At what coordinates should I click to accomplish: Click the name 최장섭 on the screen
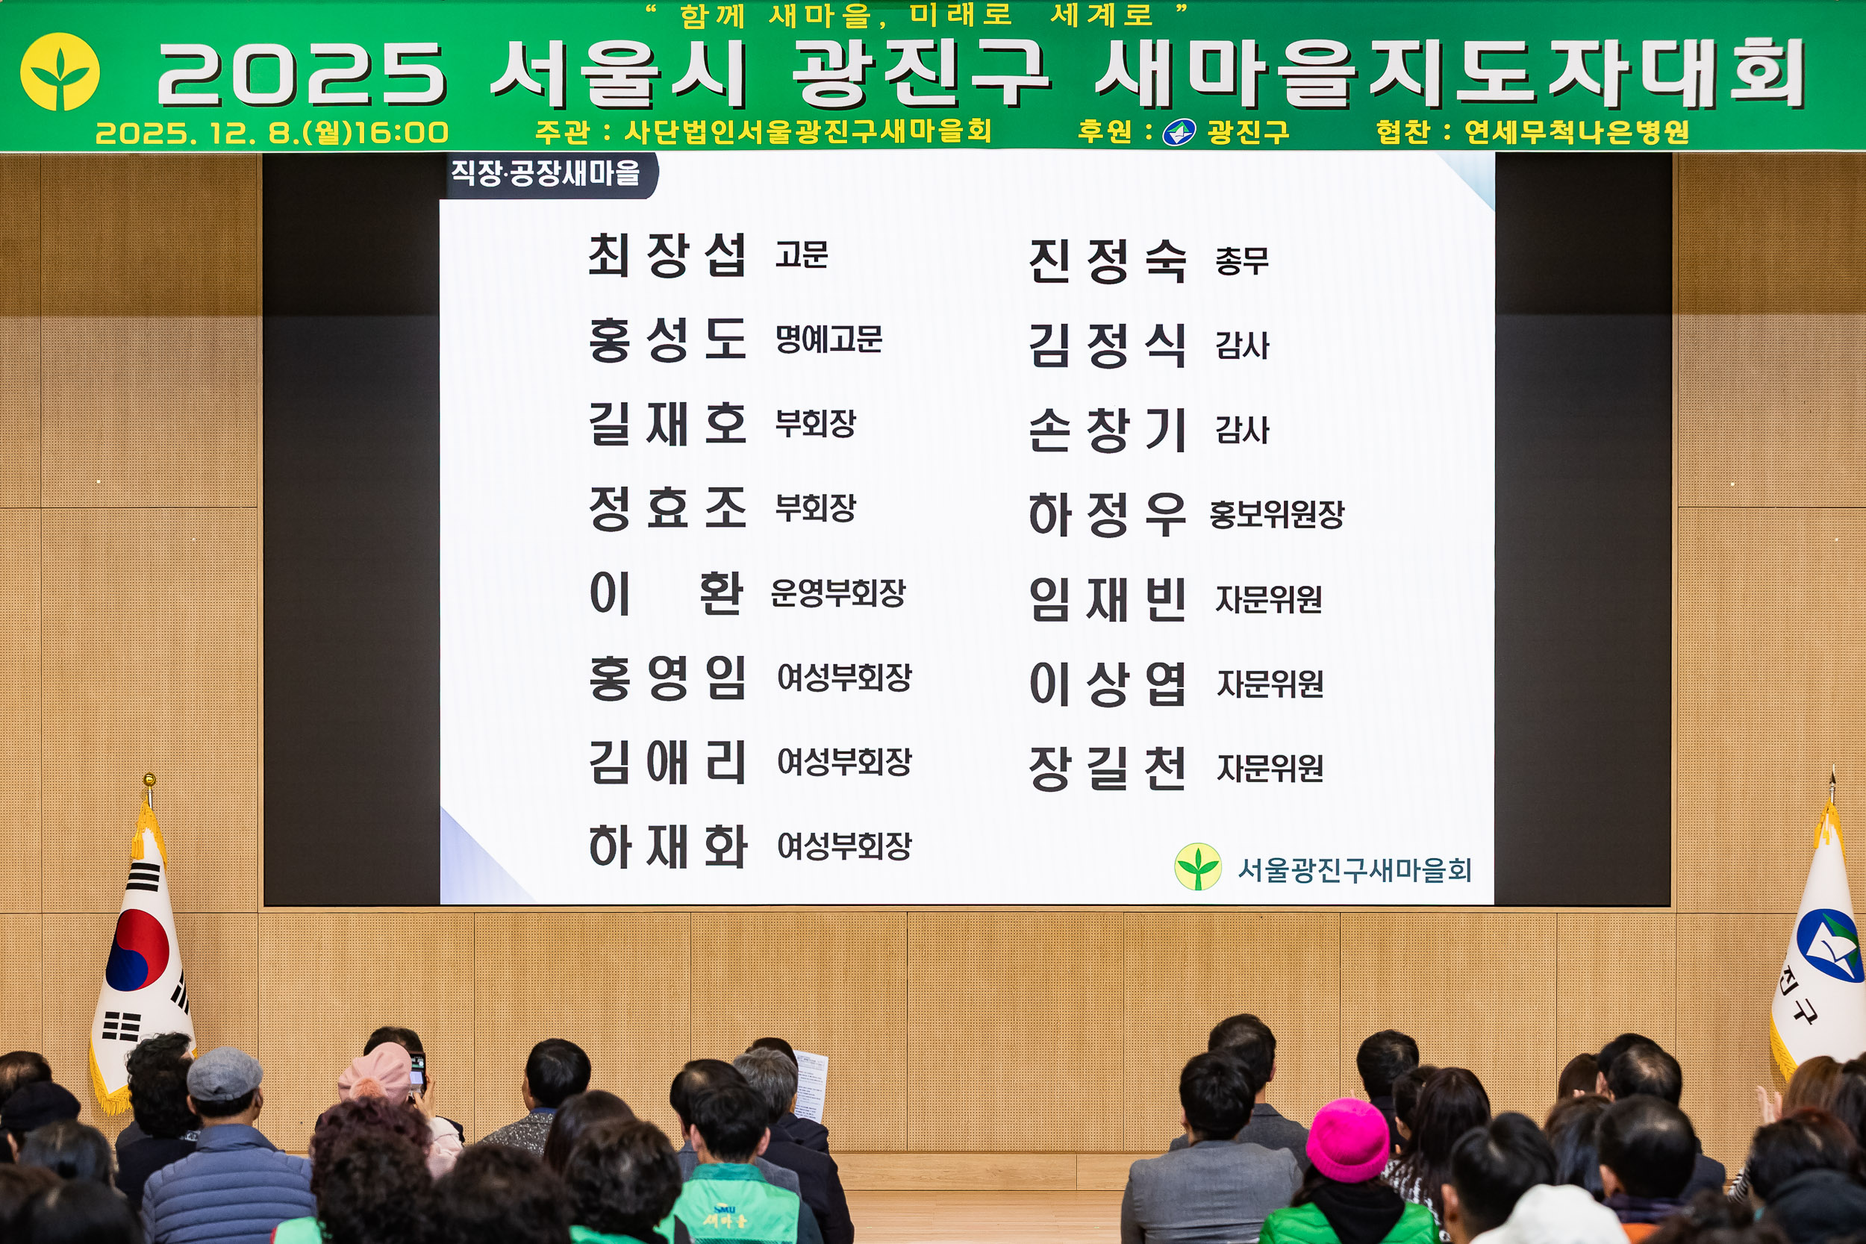tap(667, 254)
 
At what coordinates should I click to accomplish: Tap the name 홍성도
tap(667, 340)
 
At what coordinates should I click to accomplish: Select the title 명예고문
tap(829, 340)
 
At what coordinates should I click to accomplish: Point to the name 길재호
tap(667, 424)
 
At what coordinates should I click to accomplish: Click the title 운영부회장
tap(837, 593)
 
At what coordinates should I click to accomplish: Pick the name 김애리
tap(667, 762)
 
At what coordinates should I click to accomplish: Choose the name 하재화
tap(667, 846)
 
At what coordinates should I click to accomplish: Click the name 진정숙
tap(1107, 261)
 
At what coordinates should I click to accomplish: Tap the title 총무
tap(1241, 261)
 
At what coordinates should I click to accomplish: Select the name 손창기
tap(1107, 430)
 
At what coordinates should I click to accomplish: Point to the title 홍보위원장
tap(1276, 514)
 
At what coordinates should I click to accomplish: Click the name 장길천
tap(1107, 768)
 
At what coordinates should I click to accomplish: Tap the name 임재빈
tap(1107, 599)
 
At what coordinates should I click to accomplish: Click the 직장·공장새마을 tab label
tap(545, 173)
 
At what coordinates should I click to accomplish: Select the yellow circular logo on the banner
tap(60, 72)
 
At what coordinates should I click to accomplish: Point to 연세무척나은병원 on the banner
tap(1576, 131)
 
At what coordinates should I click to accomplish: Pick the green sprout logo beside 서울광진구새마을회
tap(1197, 866)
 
